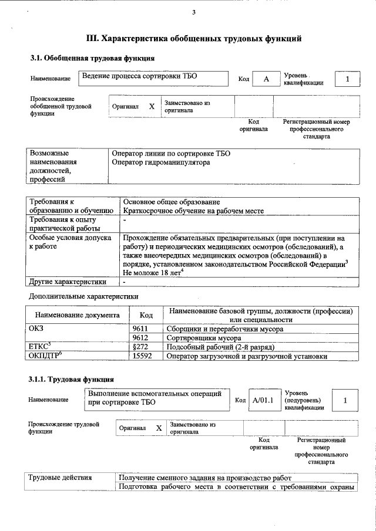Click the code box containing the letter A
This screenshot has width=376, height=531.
(266, 79)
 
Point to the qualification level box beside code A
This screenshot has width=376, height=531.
(347, 79)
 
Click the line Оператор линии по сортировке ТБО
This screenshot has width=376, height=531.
(171, 153)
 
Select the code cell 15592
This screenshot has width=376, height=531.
(142, 356)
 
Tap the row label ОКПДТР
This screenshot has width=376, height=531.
(45, 356)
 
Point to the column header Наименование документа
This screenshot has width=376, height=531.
(78, 315)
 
